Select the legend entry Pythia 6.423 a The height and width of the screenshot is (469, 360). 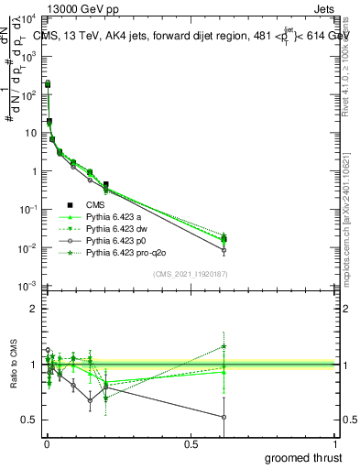click(x=120, y=216)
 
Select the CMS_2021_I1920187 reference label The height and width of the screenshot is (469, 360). click(x=191, y=273)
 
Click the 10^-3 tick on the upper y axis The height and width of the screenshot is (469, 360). click(x=27, y=287)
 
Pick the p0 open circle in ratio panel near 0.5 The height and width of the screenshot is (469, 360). click(x=224, y=417)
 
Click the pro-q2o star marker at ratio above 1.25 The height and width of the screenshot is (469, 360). click(x=224, y=346)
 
